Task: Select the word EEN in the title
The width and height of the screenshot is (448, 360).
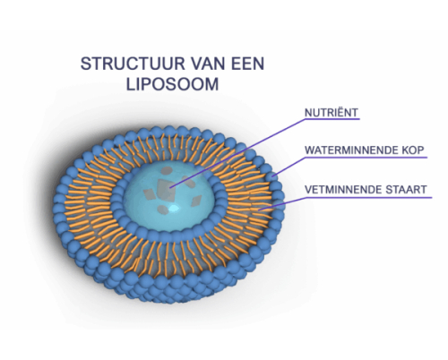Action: (x=250, y=64)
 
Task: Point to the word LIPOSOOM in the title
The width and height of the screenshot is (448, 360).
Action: (x=172, y=84)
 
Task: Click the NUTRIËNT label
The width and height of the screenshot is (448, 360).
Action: (x=332, y=113)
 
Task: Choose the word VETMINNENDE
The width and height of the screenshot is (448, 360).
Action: (x=343, y=190)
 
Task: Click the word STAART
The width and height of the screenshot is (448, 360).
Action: (x=406, y=190)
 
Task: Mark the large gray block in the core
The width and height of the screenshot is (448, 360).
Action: (x=166, y=190)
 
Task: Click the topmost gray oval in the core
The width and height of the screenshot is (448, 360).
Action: (x=167, y=171)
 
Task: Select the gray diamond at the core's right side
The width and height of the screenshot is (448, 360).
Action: (x=196, y=201)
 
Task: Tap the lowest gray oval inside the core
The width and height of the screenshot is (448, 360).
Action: (x=163, y=210)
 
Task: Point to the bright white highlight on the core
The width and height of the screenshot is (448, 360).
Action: (x=174, y=208)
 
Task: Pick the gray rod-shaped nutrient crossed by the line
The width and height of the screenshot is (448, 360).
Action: (x=188, y=182)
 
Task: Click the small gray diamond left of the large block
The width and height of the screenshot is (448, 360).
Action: (x=149, y=194)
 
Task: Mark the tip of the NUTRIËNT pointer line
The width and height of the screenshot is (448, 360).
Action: (x=169, y=187)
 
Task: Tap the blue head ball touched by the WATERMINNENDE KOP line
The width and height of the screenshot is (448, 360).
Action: (x=272, y=177)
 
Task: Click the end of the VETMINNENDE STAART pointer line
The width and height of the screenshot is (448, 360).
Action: (x=259, y=210)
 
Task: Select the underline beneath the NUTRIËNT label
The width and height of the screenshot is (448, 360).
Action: (x=332, y=119)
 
